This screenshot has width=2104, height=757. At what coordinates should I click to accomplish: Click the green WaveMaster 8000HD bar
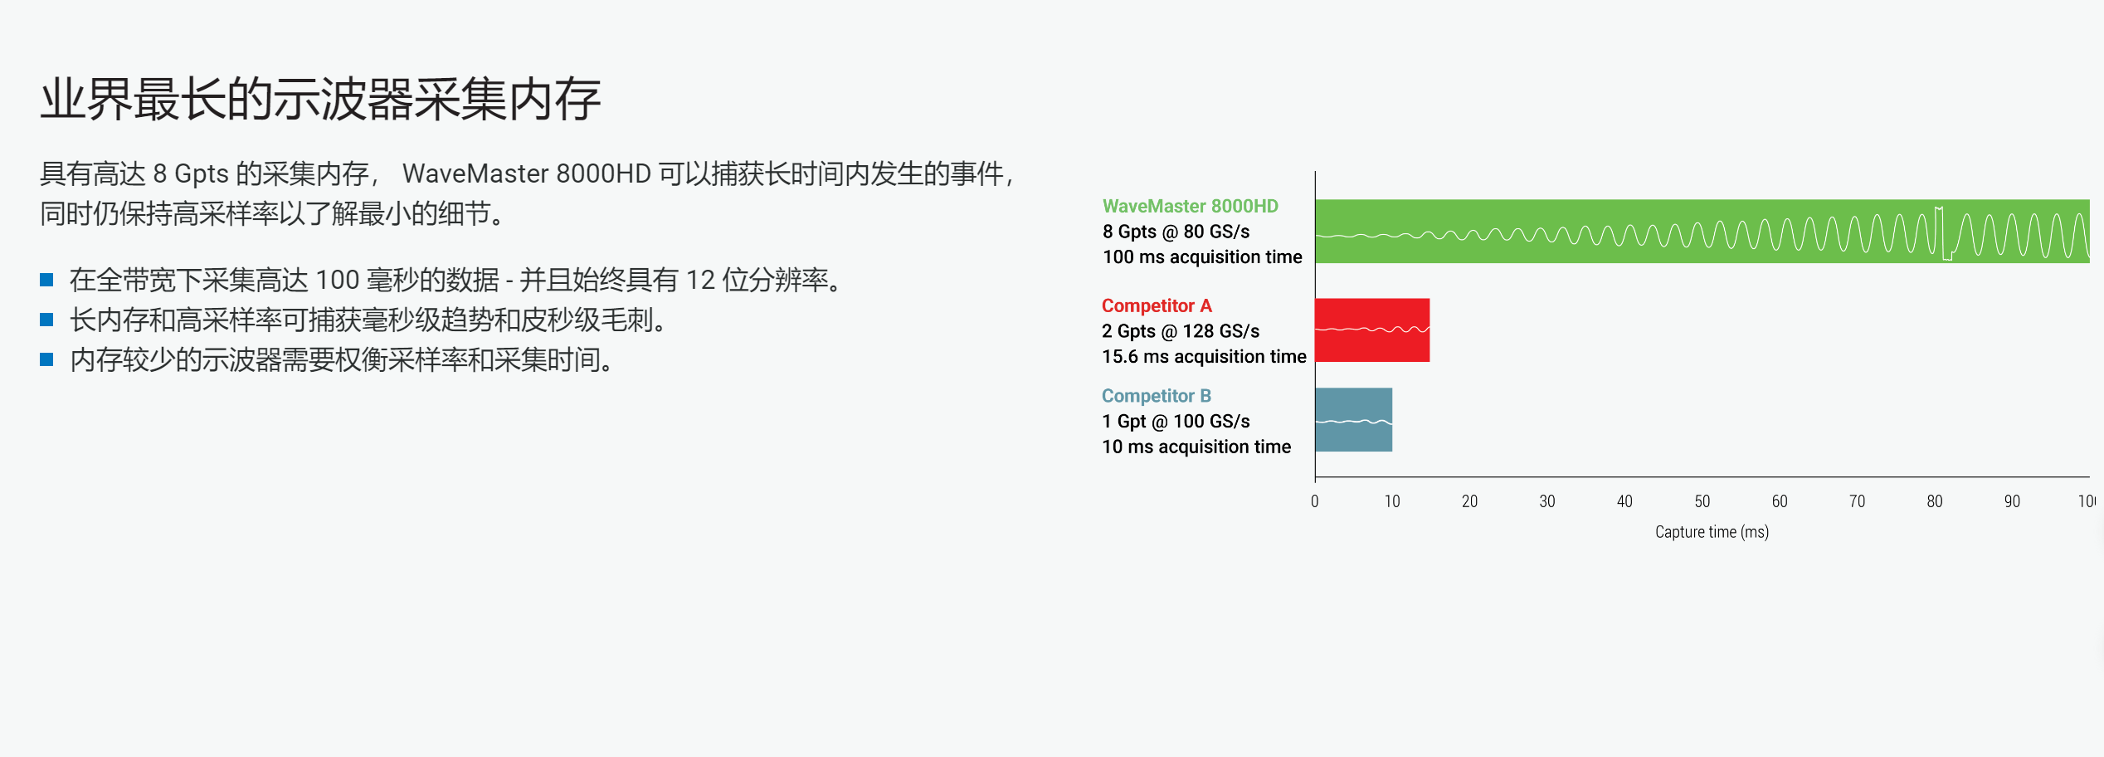tap(1702, 231)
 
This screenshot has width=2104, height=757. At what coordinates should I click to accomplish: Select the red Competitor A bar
tap(1372, 330)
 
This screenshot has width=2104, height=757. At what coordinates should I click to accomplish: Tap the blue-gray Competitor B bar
tap(1354, 419)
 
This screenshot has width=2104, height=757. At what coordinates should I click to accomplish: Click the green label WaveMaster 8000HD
tap(1190, 206)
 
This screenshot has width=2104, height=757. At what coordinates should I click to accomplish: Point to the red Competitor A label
tap(1157, 305)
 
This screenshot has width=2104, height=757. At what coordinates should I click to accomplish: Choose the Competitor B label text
tap(1157, 396)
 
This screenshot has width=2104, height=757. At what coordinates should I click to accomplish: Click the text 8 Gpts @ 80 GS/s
tap(1176, 232)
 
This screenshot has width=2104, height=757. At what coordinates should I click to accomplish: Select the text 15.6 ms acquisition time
tap(1204, 357)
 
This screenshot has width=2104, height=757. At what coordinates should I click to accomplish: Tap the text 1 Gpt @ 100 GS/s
tap(1176, 422)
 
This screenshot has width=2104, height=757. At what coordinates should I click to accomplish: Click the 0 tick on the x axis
tap(1314, 501)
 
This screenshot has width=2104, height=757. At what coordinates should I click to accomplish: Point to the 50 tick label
tap(1702, 501)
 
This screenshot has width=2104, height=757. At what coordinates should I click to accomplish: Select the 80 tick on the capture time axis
tap(1934, 501)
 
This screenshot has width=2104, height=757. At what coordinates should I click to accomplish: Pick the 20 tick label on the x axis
tap(1469, 501)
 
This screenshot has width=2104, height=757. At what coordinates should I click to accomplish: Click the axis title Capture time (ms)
tap(1712, 532)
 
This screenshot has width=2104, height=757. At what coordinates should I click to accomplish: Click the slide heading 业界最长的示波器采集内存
tap(320, 100)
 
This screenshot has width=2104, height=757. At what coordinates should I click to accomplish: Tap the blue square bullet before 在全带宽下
tap(46, 280)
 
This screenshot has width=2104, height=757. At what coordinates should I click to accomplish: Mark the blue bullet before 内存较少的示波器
tap(46, 359)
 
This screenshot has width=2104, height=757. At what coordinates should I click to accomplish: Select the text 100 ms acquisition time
tap(1202, 257)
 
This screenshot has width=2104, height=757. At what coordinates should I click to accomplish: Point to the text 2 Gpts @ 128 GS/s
tap(1181, 331)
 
